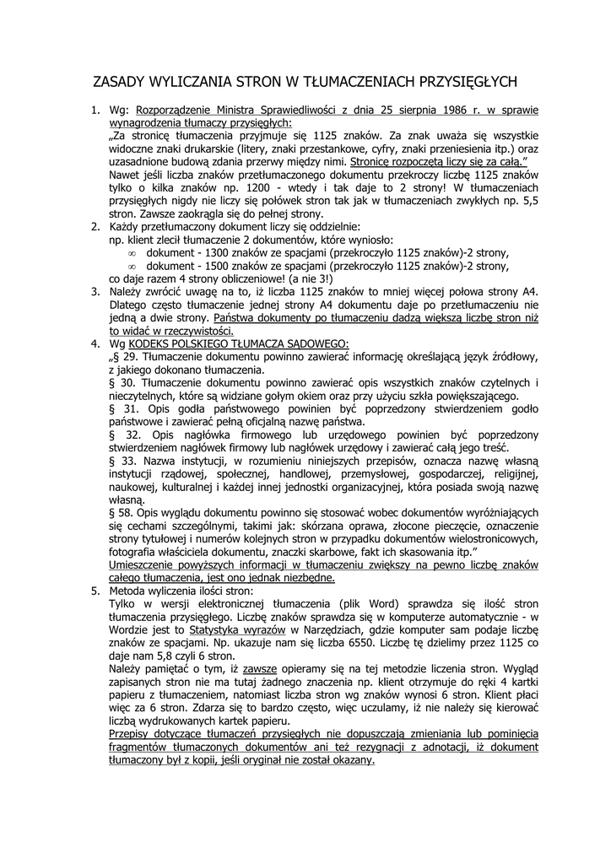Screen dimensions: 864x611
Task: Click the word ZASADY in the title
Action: tap(119, 82)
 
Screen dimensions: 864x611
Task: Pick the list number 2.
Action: tap(95, 227)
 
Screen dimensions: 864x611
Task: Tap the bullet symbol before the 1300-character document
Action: tap(132, 253)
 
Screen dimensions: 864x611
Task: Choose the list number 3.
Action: tap(95, 292)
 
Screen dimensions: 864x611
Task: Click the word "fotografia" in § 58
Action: tap(134, 552)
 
